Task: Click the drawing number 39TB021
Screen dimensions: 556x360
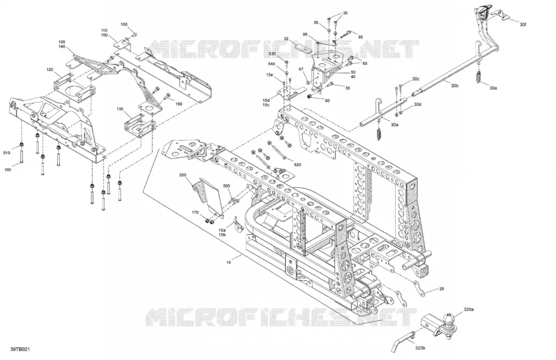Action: click(x=20, y=349)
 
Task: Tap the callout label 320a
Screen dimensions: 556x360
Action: click(x=468, y=309)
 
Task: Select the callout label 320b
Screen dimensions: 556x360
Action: click(x=419, y=348)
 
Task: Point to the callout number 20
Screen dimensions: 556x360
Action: click(x=441, y=289)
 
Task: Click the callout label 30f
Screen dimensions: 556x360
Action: click(x=523, y=25)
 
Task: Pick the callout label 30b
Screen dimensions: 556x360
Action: click(x=455, y=85)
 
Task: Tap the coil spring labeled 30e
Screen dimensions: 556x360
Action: click(x=478, y=77)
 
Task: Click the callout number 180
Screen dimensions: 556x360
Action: click(x=123, y=25)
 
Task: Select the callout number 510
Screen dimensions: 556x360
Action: click(x=7, y=153)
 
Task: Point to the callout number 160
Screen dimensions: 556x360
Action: click(x=8, y=170)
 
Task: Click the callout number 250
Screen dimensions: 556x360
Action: click(x=183, y=175)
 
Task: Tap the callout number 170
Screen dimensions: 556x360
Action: click(x=195, y=212)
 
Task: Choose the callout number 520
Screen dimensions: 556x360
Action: click(x=297, y=164)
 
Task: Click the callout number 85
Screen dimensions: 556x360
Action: click(x=361, y=37)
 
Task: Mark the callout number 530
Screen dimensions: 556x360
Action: click(x=272, y=53)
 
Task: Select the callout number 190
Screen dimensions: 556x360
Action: click(x=179, y=104)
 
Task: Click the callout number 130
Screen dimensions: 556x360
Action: click(x=120, y=109)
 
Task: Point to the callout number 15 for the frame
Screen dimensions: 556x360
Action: click(x=229, y=262)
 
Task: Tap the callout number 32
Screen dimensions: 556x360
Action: click(x=286, y=39)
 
